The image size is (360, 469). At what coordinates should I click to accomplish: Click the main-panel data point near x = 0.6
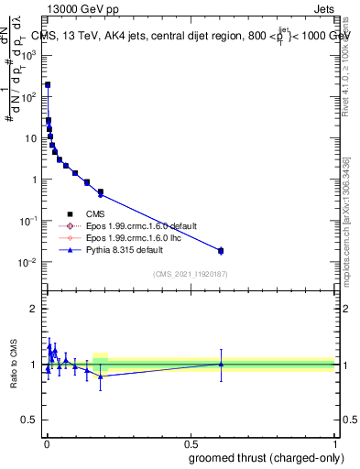coord(220,250)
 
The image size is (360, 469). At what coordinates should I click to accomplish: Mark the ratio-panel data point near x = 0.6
coord(220,364)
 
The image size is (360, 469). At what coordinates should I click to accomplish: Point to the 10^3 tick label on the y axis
coord(29,55)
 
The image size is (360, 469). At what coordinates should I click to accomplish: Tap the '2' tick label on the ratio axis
coord(36,308)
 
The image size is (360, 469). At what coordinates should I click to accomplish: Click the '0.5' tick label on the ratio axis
coord(30,420)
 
